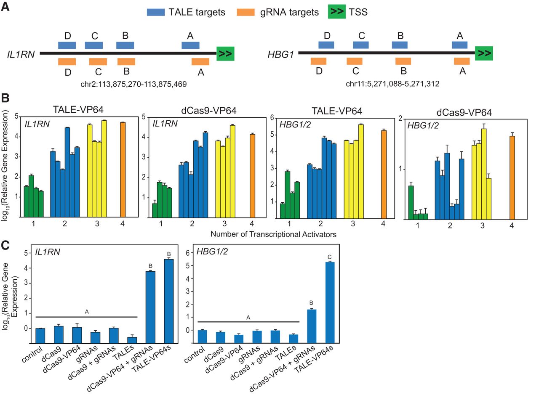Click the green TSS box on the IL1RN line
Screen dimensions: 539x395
[x=225, y=53]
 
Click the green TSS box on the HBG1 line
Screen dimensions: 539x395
[x=484, y=53]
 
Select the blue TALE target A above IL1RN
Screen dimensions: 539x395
[x=190, y=45]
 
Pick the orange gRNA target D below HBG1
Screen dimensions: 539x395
[x=318, y=61]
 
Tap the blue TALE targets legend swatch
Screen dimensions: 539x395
[x=156, y=12]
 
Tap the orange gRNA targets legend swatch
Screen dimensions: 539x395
[x=245, y=12]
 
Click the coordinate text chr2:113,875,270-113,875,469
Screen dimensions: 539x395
[x=133, y=84]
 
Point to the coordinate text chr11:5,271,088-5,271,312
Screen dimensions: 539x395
[x=392, y=84]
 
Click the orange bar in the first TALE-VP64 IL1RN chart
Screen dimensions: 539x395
[x=123, y=170]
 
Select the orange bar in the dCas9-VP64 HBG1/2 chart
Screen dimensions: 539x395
[x=512, y=178]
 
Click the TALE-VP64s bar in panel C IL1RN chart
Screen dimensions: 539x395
[x=169, y=301]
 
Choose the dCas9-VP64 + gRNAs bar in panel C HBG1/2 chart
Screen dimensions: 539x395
[x=312, y=326]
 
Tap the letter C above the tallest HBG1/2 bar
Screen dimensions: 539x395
[x=329, y=257]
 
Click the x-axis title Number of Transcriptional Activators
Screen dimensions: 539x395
[x=273, y=234]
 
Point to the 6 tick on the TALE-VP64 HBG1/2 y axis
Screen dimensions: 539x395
[x=272, y=117]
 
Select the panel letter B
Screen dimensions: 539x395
[x=5, y=98]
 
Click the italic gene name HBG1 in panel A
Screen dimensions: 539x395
[x=281, y=55]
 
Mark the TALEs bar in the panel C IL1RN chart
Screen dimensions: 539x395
[x=132, y=340]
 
